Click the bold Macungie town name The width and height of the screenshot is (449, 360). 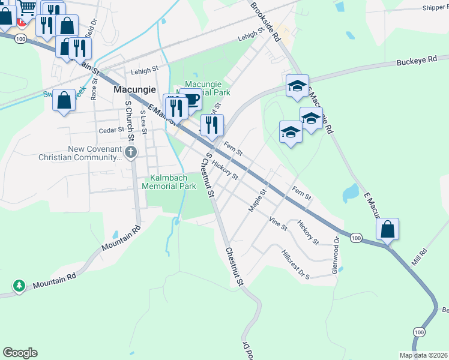tap(135, 89)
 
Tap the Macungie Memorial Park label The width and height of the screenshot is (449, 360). tap(207, 89)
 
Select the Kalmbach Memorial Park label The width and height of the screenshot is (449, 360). tap(169, 182)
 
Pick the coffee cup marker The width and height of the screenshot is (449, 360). tap(191, 100)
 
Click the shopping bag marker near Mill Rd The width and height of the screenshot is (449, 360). tap(388, 229)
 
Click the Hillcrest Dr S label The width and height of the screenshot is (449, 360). tap(295, 265)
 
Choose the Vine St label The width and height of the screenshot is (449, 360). tap(279, 223)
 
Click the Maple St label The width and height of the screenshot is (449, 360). tap(257, 200)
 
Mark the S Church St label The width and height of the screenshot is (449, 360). tap(128, 119)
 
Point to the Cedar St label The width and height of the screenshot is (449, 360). tap(112, 130)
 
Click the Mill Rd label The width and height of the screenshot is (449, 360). tap(418, 257)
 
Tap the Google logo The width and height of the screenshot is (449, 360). tap(20, 353)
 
